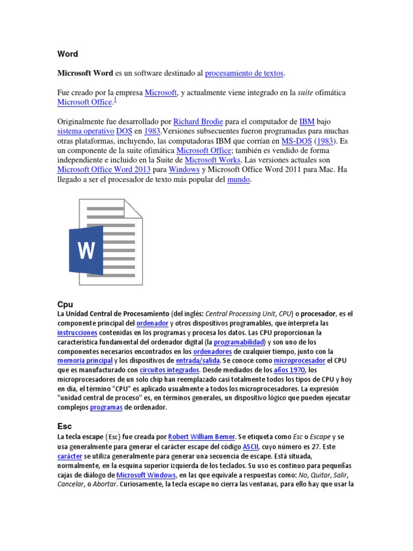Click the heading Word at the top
67,54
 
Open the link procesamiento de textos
244,73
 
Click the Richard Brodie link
198,121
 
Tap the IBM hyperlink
307,121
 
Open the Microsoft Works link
213,160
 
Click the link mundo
238,180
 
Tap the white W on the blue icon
86,250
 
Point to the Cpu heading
65,304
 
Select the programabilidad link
239,342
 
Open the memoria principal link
84,361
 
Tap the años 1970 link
290,370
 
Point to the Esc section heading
65,426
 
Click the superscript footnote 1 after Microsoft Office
115,100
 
